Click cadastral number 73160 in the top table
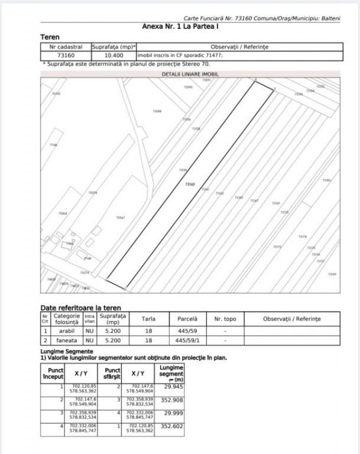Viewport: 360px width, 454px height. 65,56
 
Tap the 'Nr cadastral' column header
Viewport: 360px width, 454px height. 65,46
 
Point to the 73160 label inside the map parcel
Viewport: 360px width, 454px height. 190,184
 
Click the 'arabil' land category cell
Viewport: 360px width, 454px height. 66,331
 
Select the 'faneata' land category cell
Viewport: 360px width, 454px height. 66,340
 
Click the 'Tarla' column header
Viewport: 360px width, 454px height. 148,319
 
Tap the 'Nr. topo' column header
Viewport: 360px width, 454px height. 225,319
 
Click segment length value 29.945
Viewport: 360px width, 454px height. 171,387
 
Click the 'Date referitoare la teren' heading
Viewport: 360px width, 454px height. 80,307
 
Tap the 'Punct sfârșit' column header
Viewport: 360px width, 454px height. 112,374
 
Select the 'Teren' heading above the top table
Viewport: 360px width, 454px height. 50,37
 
